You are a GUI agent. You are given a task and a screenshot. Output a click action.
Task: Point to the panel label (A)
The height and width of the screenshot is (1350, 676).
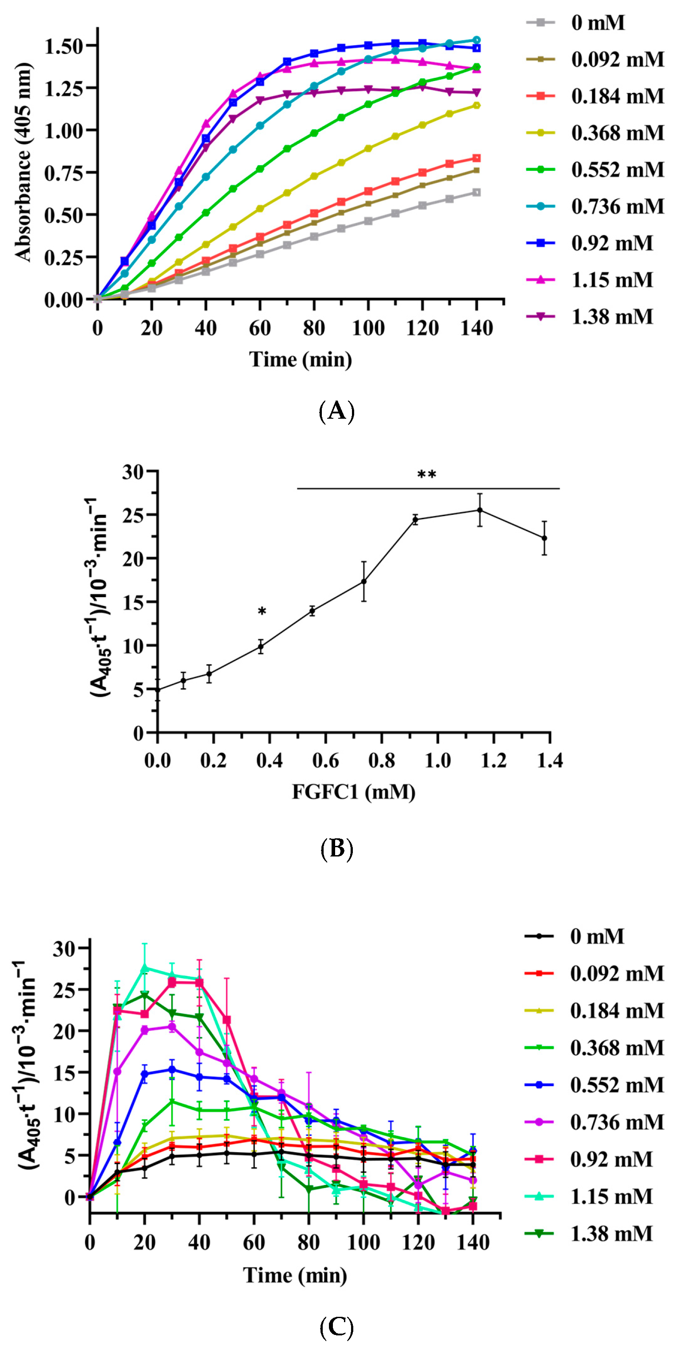[336, 411]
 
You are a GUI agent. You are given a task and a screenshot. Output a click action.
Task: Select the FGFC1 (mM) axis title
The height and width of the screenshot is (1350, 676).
[354, 791]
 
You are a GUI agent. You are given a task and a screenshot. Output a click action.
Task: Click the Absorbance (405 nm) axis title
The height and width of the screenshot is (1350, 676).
[23, 162]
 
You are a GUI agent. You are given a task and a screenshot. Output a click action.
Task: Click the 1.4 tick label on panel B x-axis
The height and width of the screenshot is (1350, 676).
[550, 760]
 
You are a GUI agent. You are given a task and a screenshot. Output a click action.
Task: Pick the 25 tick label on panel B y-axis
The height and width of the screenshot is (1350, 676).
[133, 515]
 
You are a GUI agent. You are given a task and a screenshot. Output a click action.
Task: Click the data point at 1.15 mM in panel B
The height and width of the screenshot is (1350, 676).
[479, 510]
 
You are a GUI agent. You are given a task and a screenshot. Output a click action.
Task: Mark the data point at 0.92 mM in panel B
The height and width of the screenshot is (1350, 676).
[415, 519]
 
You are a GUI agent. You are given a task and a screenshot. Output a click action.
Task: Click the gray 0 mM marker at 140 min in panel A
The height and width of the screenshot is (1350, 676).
[476, 193]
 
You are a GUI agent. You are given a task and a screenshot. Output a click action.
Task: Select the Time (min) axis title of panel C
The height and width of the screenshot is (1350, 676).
[295, 1285]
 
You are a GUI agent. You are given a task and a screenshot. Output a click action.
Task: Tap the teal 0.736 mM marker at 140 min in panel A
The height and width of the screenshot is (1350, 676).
[476, 40]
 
